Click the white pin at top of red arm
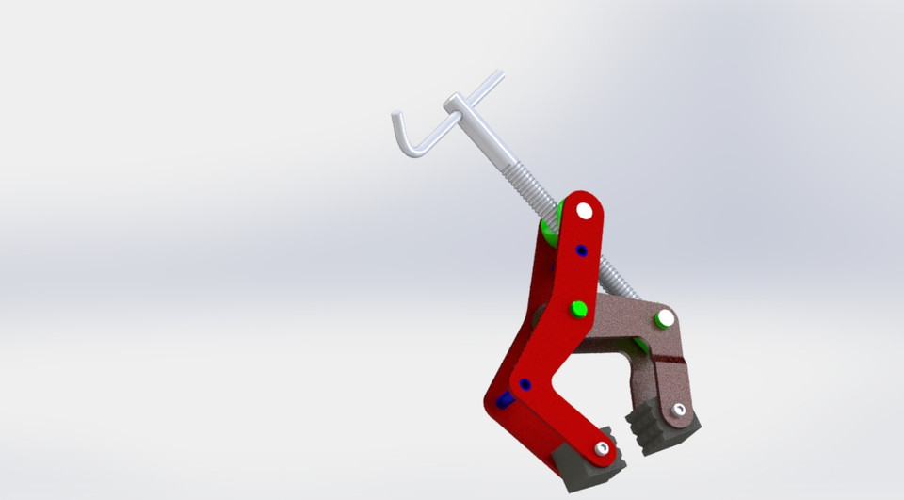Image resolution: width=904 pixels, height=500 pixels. click(585, 211)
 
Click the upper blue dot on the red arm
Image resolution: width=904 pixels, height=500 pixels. click(581, 250)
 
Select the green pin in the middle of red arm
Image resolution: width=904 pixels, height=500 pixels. click(579, 308)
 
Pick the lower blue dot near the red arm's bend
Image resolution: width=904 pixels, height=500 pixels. click(525, 384)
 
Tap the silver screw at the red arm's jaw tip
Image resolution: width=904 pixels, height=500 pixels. click(602, 449)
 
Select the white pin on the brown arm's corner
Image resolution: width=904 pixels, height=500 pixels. click(665, 318)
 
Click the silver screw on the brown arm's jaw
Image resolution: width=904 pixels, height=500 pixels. click(679, 410)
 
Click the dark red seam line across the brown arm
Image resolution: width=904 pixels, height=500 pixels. click(670, 359)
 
